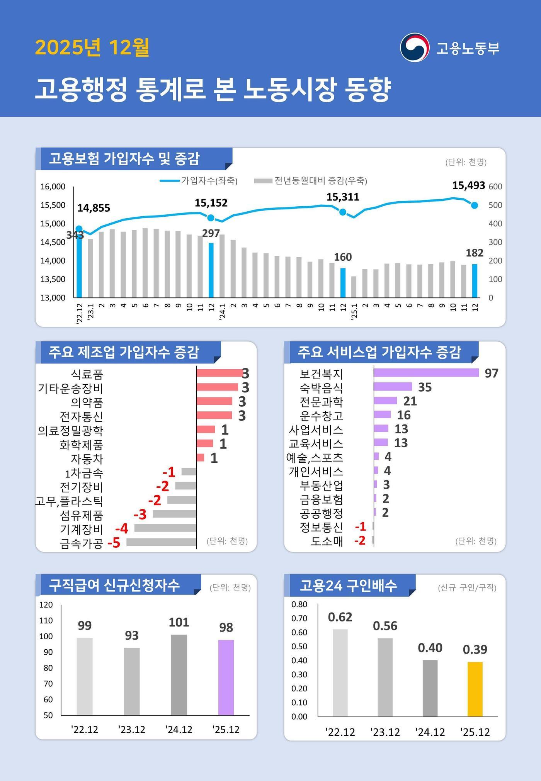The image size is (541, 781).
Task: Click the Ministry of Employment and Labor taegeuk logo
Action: point(414,48)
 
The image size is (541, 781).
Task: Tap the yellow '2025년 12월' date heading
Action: point(92,48)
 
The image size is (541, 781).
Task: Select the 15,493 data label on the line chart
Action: point(468,186)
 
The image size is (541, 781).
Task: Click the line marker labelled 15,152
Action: point(211,218)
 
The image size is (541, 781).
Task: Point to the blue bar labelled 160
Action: point(343,283)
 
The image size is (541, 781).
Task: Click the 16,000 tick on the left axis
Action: point(53,187)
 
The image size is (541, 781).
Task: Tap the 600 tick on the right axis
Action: point(495,187)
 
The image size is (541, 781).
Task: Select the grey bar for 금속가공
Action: point(161,542)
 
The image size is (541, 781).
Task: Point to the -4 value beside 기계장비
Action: point(122,528)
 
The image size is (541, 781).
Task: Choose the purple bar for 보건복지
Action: point(426,373)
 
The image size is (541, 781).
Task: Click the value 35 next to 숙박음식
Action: point(425,387)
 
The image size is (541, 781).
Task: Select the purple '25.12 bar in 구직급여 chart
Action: point(226,677)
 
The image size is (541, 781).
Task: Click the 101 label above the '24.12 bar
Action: point(179,622)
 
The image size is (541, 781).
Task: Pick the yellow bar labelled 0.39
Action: point(475,689)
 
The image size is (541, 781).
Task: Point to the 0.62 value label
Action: point(340,617)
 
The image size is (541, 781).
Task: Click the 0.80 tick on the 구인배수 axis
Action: point(299,604)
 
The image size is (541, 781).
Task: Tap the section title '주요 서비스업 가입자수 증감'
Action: point(379,352)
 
